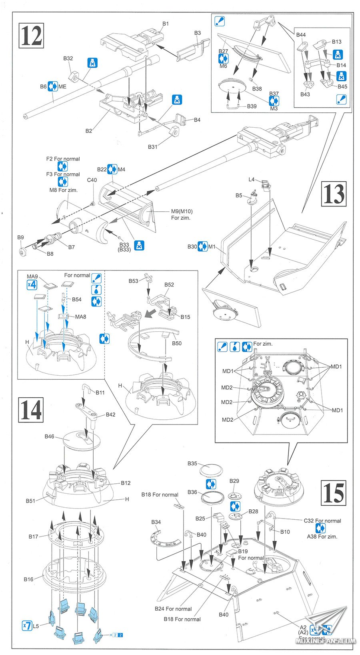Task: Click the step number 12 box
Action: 31,36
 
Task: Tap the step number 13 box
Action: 334,194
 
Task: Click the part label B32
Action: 68,58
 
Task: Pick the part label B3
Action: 198,33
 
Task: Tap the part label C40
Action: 92,180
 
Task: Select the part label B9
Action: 20,238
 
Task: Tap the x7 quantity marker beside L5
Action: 26,625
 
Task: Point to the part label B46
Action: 49,437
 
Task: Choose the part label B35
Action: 192,463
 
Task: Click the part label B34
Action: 156,522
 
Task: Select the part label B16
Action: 28,579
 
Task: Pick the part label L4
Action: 252,180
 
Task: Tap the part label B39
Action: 252,106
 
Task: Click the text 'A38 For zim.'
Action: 322,537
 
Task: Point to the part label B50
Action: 177,343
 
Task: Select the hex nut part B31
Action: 174,131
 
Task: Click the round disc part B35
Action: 211,471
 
